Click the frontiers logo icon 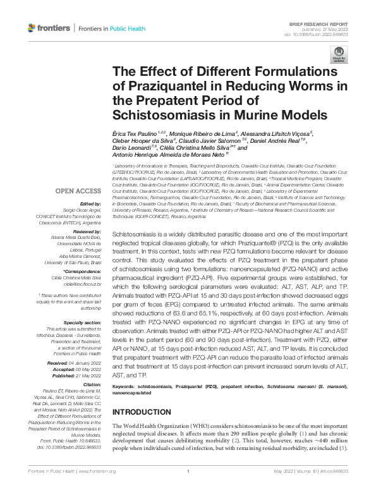pyautogui.click(x=32, y=28)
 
